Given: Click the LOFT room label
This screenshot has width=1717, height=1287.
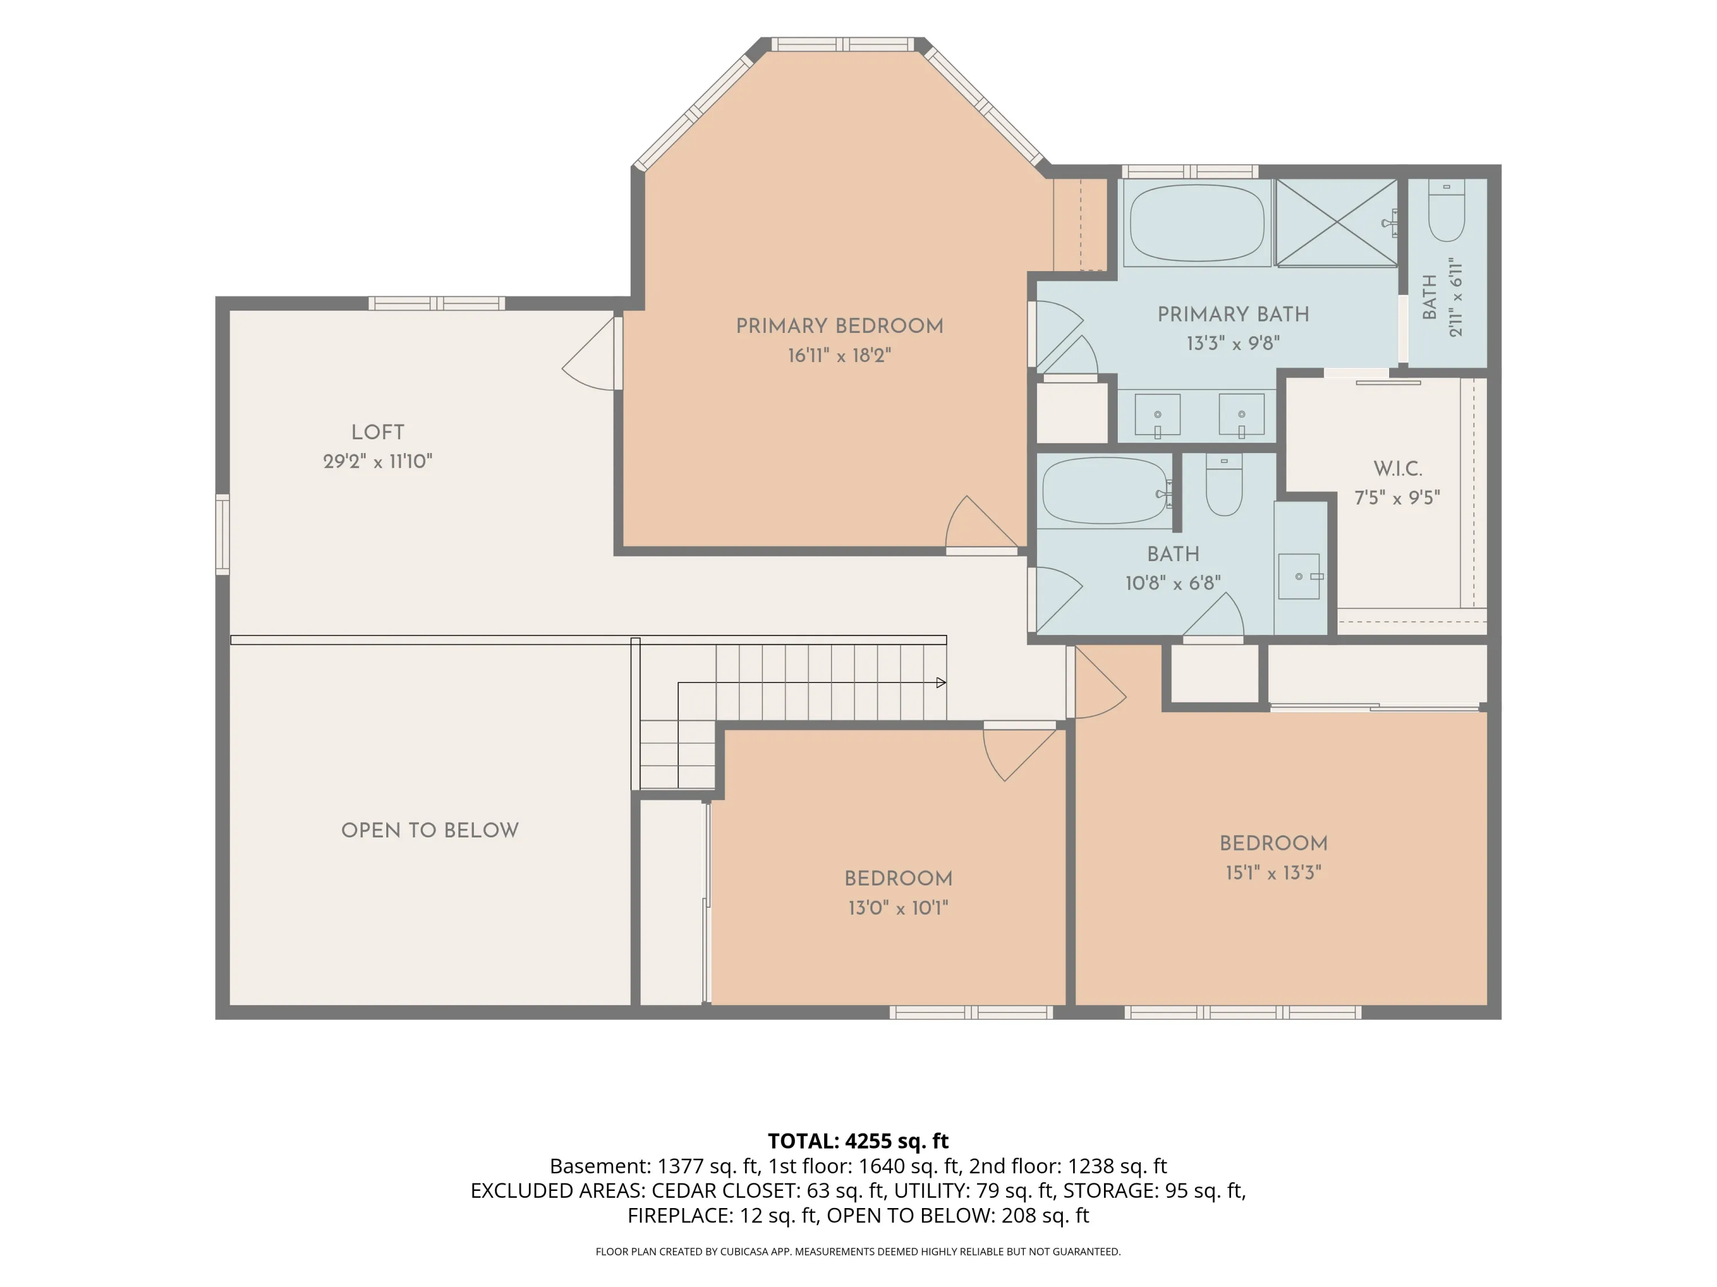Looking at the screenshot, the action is pyautogui.click(x=377, y=432).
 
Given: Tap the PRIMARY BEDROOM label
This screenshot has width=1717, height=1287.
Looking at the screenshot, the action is pyautogui.click(x=839, y=326).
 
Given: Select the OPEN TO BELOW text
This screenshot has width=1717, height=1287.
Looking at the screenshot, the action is pyautogui.click(x=430, y=830).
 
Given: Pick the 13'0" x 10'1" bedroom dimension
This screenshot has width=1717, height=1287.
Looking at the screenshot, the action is pyautogui.click(x=898, y=908).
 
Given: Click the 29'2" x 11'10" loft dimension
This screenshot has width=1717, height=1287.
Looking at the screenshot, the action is pyautogui.click(x=377, y=462).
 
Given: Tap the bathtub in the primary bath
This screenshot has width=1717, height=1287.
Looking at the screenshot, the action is pyautogui.click(x=1196, y=223).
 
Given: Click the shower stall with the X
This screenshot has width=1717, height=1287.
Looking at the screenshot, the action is pyautogui.click(x=1336, y=222).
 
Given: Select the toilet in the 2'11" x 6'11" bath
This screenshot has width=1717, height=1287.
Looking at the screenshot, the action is pyautogui.click(x=1446, y=210).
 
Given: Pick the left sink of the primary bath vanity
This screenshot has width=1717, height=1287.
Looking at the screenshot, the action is pyautogui.click(x=1157, y=415).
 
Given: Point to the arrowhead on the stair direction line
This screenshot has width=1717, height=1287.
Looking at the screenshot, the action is pyautogui.click(x=941, y=682).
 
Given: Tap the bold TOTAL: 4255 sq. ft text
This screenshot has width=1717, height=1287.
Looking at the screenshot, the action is pyautogui.click(x=858, y=1141).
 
